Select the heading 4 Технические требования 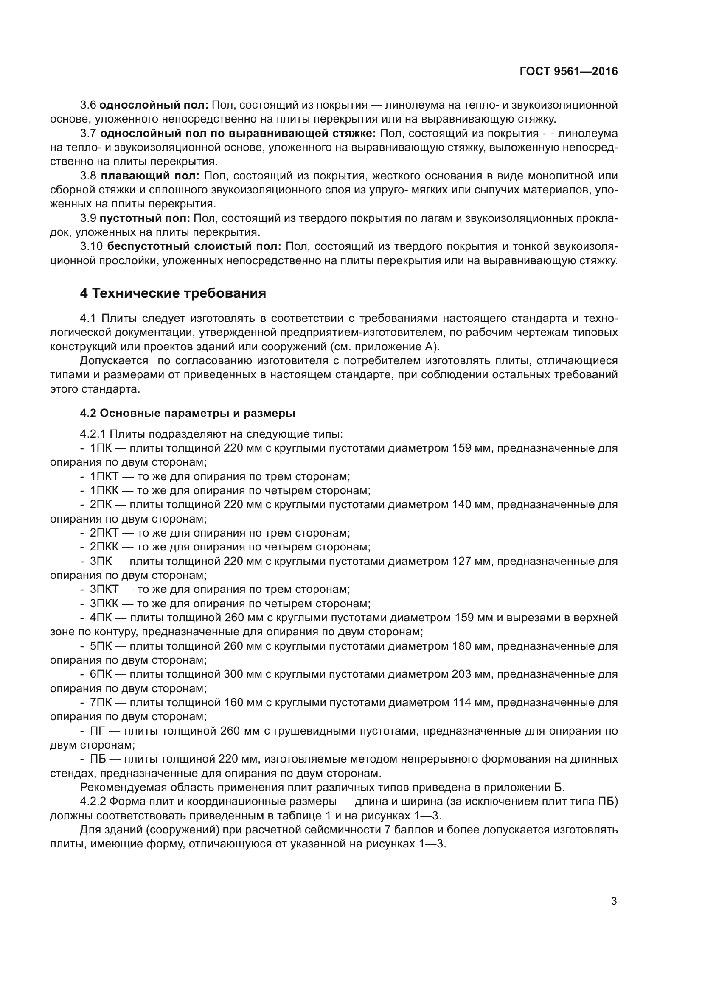click(173, 293)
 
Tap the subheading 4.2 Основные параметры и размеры click(187, 414)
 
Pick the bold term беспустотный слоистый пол click(194, 247)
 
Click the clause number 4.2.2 click(93, 802)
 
